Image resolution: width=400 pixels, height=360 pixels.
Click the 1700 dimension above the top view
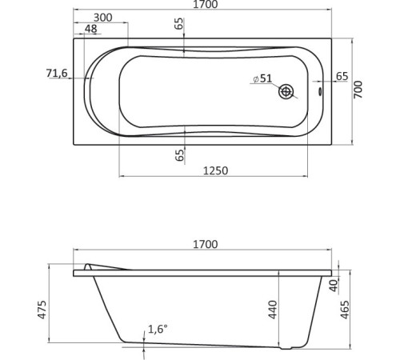point(205,5)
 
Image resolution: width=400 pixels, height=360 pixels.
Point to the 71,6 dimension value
point(57,74)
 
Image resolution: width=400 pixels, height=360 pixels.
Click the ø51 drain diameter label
point(262,78)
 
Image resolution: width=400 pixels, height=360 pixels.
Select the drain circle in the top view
point(286,92)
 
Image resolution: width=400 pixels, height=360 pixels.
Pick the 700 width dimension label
point(359,90)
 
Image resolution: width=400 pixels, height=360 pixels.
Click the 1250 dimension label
point(216,170)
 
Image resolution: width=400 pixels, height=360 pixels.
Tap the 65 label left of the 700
point(342,77)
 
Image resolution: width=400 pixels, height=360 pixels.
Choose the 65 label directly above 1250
point(180,154)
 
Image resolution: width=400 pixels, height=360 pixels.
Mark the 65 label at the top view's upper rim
point(180,25)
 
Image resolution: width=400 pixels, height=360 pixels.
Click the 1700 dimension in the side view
point(205,245)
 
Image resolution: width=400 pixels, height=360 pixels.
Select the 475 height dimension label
point(42,309)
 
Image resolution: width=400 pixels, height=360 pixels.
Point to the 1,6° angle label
point(158,330)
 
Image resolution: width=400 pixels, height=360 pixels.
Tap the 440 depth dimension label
point(272,308)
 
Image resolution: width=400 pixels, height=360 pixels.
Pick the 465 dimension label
point(346,309)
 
